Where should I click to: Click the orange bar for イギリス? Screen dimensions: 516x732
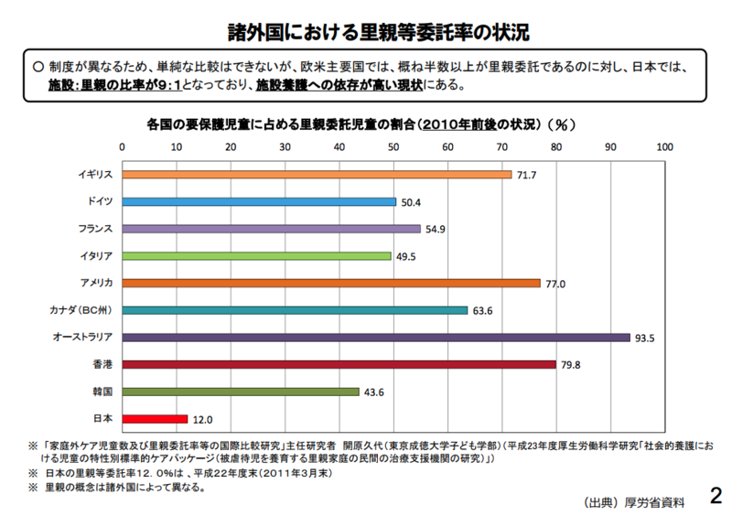tap(316, 174)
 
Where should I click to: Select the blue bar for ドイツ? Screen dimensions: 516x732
tap(258, 201)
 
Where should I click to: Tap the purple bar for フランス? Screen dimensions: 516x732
tap(270, 229)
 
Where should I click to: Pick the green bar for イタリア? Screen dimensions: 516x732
tap(255, 256)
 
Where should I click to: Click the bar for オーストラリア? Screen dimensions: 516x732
tap(375, 338)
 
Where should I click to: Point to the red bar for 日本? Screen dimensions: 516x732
tap(154, 419)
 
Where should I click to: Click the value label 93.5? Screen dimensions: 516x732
tap(645, 338)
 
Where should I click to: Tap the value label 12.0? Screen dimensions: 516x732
tap(202, 419)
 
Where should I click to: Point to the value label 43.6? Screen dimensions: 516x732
tap(373, 392)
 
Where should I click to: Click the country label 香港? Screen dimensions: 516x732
tap(102, 364)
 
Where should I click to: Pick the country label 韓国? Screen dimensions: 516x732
tap(102, 392)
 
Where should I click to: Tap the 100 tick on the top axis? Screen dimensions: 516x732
tap(664, 145)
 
